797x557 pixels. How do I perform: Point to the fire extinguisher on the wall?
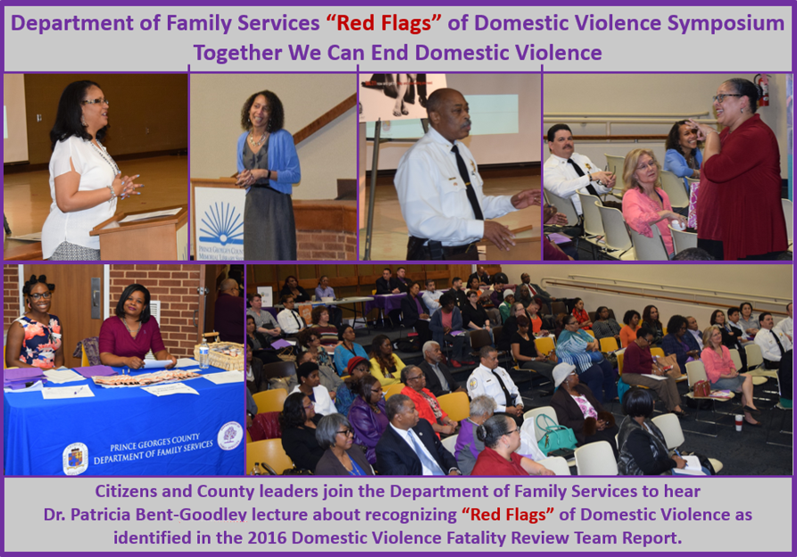point(761,90)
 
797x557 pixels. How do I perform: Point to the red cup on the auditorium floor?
point(738,421)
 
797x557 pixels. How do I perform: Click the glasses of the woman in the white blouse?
point(95,103)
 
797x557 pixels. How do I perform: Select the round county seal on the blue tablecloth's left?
point(75,458)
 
